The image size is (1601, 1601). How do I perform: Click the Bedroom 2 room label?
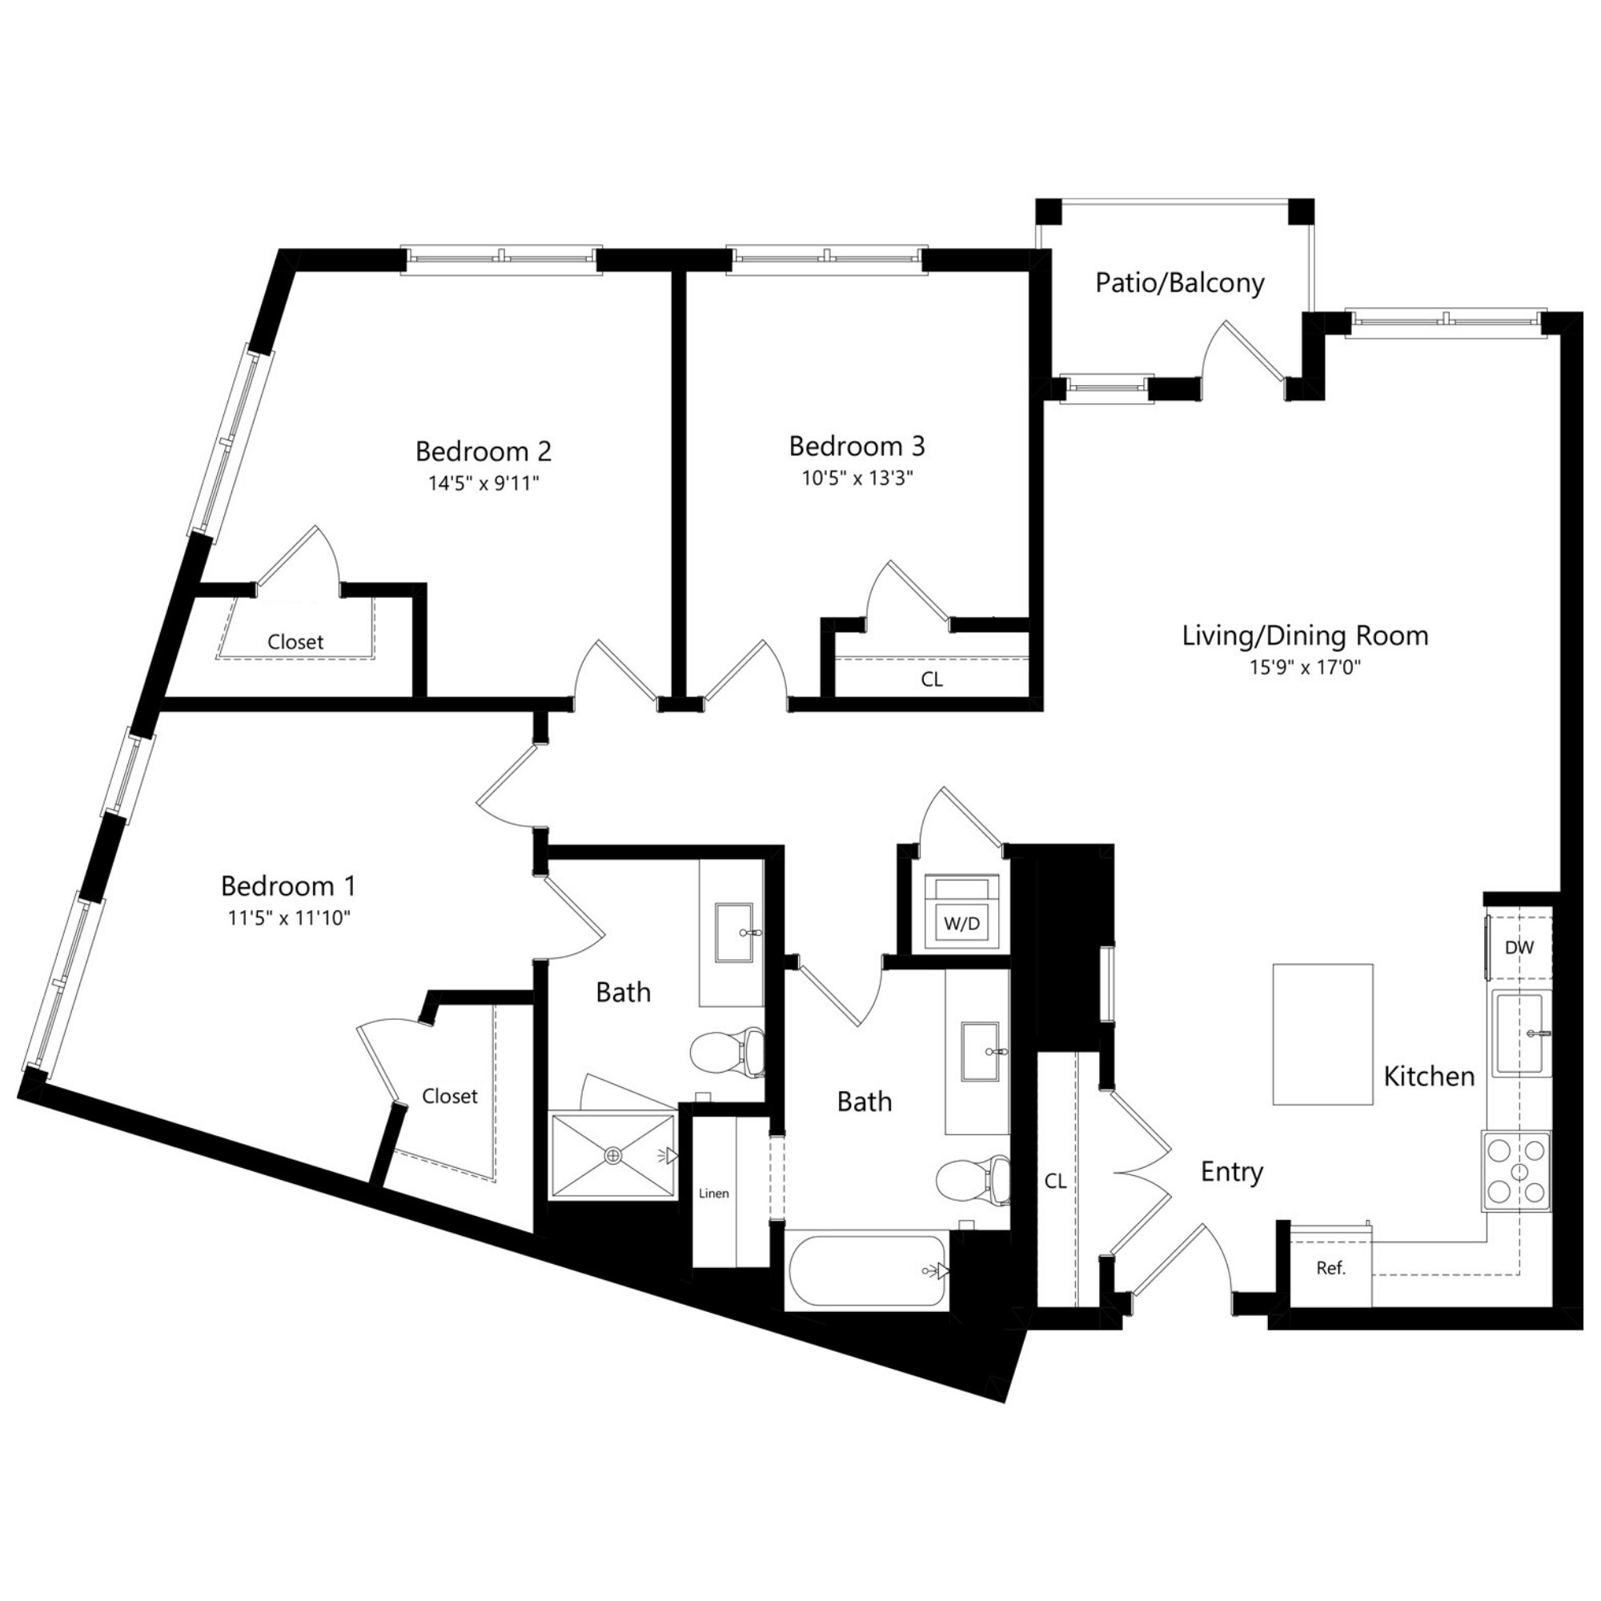click(x=484, y=451)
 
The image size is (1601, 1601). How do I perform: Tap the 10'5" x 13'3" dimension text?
click(x=857, y=479)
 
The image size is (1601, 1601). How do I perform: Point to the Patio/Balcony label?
click(x=1179, y=283)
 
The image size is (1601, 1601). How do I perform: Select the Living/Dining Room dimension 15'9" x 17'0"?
click(x=1305, y=668)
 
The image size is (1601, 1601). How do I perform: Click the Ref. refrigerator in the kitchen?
click(x=1331, y=1268)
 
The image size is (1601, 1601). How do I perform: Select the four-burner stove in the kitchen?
click(x=1517, y=1171)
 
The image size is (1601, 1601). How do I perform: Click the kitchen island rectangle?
click(x=1322, y=1034)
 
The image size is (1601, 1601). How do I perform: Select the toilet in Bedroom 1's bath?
click(x=728, y=1053)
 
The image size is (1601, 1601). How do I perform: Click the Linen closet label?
click(x=713, y=1194)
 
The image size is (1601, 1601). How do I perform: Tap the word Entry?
click(x=1231, y=1173)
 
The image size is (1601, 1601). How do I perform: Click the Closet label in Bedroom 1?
click(x=449, y=1097)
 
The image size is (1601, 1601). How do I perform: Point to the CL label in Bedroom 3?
click(x=932, y=680)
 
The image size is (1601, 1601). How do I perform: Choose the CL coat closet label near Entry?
click(x=1055, y=1182)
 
